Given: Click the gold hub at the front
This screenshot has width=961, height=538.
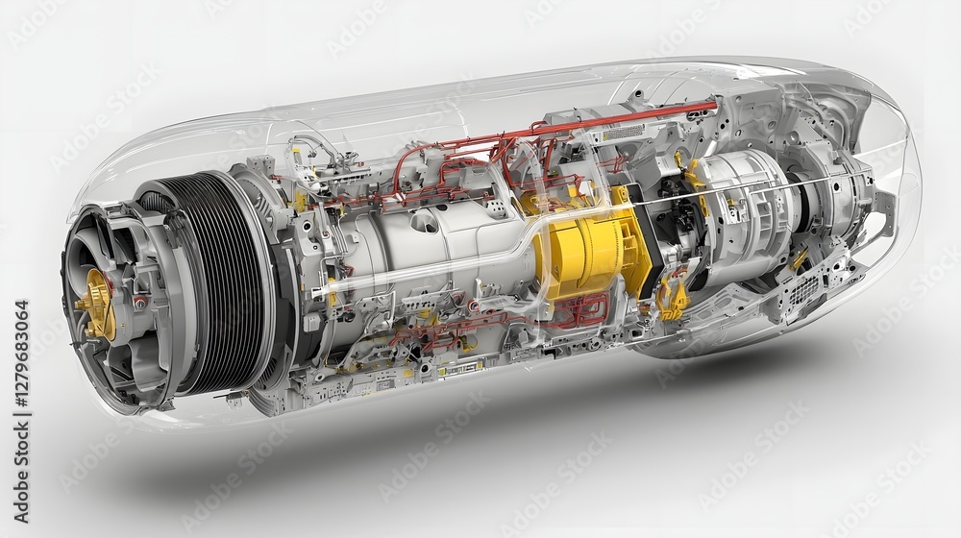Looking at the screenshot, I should tap(96, 306).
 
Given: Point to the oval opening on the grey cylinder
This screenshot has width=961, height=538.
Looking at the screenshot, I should tap(424, 221).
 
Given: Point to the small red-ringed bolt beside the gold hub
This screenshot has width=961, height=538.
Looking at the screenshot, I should tap(140, 302).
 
